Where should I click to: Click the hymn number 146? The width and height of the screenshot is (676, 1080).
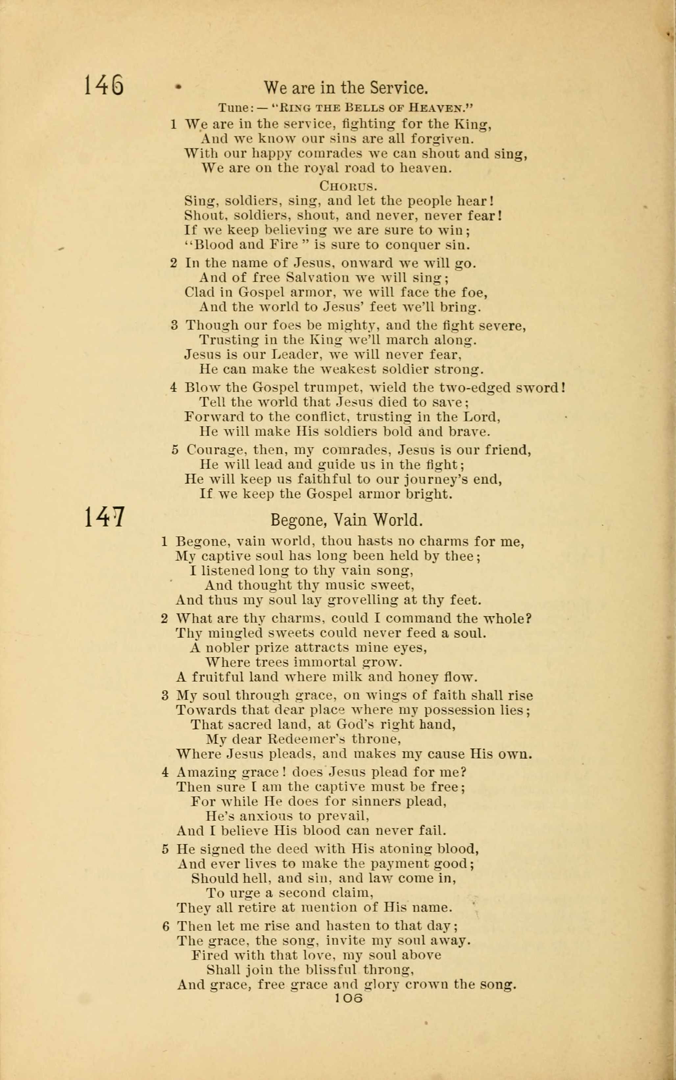(x=104, y=85)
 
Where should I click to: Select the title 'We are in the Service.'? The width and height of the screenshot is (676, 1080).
(x=346, y=87)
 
